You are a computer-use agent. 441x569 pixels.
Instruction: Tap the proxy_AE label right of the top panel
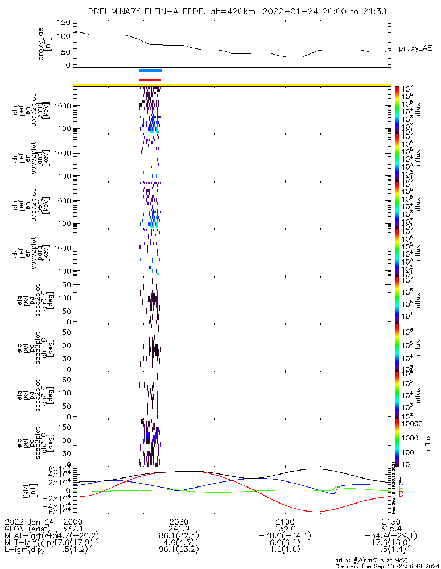415,49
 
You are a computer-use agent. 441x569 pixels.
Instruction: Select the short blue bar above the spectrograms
150,71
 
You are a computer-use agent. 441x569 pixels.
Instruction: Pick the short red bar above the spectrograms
150,80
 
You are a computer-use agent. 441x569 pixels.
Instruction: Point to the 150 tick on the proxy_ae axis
64,22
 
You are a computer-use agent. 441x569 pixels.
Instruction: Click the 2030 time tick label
178,521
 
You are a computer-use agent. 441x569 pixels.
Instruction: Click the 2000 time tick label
72,521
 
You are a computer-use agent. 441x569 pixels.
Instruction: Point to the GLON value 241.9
178,529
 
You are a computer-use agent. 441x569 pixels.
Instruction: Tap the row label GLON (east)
26,529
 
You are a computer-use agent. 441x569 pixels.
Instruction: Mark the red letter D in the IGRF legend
401,494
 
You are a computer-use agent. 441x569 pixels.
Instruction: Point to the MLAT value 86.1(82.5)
178,536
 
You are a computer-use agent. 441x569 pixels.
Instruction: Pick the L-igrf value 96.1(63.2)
178,551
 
